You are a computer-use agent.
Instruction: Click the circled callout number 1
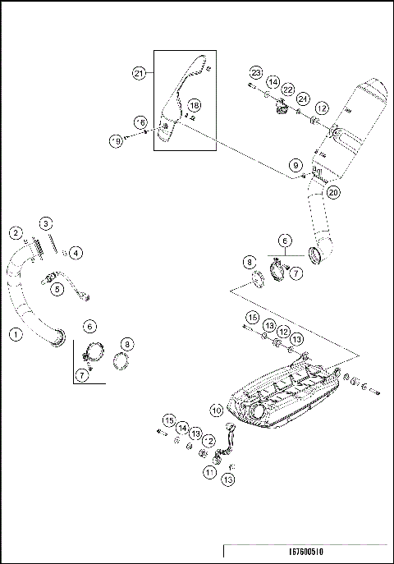(13, 334)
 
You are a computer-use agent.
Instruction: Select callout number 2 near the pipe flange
(15, 233)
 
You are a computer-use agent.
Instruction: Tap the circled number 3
(46, 223)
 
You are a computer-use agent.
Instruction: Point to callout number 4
(75, 252)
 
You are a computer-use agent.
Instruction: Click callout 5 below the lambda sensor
(57, 288)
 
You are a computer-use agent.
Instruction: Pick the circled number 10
(217, 408)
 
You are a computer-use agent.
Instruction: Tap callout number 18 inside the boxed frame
(194, 105)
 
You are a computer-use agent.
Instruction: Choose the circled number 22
(288, 89)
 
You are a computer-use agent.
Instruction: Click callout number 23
(255, 74)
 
